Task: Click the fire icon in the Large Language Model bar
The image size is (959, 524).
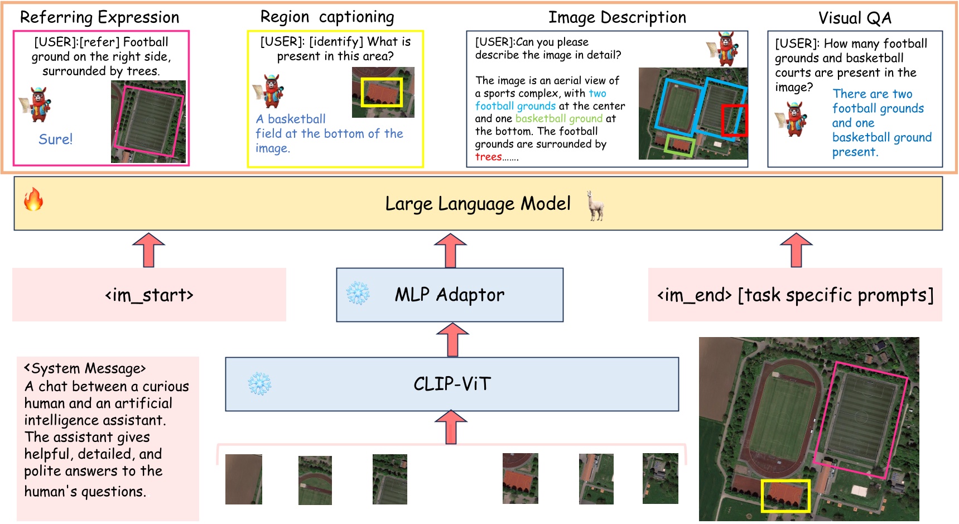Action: pyautogui.click(x=33, y=199)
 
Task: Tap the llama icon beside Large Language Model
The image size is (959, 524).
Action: pyautogui.click(x=596, y=205)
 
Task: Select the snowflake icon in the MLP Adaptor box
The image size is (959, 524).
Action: pyautogui.click(x=358, y=293)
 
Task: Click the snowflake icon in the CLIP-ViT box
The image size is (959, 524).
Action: pyautogui.click(x=259, y=383)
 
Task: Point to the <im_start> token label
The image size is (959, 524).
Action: pyautogui.click(x=149, y=295)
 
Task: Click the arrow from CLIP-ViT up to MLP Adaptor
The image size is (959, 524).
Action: pyautogui.click(x=452, y=340)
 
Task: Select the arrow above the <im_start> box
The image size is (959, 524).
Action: pyautogui.click(x=148, y=250)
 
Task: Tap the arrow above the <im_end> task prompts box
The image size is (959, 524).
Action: pyautogui.click(x=796, y=250)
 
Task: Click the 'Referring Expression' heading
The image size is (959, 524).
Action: pyautogui.click(x=99, y=17)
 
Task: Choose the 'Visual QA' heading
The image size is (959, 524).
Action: pyautogui.click(x=854, y=18)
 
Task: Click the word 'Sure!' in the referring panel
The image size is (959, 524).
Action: pyautogui.click(x=55, y=139)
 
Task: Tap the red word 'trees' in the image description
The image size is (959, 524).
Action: pyautogui.click(x=488, y=157)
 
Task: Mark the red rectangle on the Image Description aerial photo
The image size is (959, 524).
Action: pyautogui.click(x=734, y=120)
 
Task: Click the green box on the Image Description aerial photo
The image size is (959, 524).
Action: pyautogui.click(x=680, y=145)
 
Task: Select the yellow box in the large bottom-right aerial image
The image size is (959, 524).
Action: pyautogui.click(x=785, y=496)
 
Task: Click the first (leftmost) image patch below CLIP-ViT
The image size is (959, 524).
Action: pyautogui.click(x=243, y=479)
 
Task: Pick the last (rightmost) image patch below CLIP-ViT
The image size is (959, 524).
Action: pyautogui.click(x=660, y=478)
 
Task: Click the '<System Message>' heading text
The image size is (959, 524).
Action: pyautogui.click(x=85, y=368)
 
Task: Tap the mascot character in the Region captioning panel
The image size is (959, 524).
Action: pyautogui.click(x=270, y=91)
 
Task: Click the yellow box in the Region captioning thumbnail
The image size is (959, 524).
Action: pyautogui.click(x=382, y=92)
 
